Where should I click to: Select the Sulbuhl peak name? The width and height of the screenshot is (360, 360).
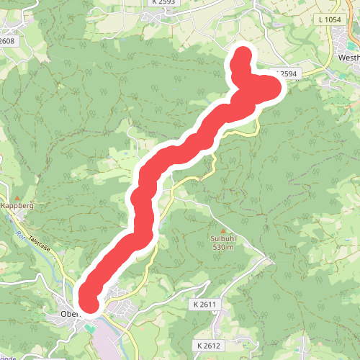click(223, 238)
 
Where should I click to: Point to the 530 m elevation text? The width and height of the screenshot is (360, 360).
click(223, 247)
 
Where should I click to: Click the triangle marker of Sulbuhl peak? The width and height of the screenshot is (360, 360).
click(223, 230)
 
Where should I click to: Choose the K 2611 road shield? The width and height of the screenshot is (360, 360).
click(205, 305)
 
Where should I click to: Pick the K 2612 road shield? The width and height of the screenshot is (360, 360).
click(209, 346)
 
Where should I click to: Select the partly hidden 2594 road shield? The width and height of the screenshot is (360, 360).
click(287, 74)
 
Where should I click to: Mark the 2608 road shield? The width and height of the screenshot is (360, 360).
click(7, 42)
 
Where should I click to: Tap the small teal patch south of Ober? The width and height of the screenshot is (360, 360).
click(89, 328)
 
